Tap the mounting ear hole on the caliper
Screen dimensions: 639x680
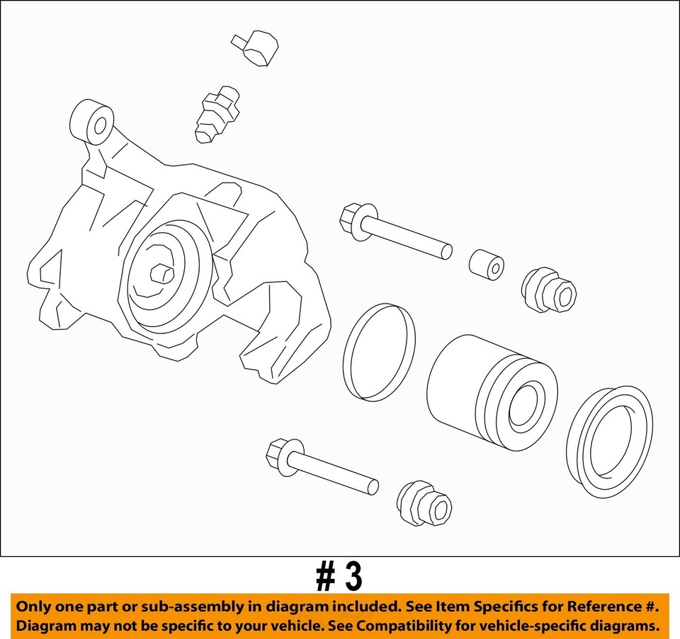(100, 127)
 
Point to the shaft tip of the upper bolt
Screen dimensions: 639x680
(445, 251)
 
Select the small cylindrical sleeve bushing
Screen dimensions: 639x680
(486, 265)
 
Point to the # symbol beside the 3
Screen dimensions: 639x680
(325, 577)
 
